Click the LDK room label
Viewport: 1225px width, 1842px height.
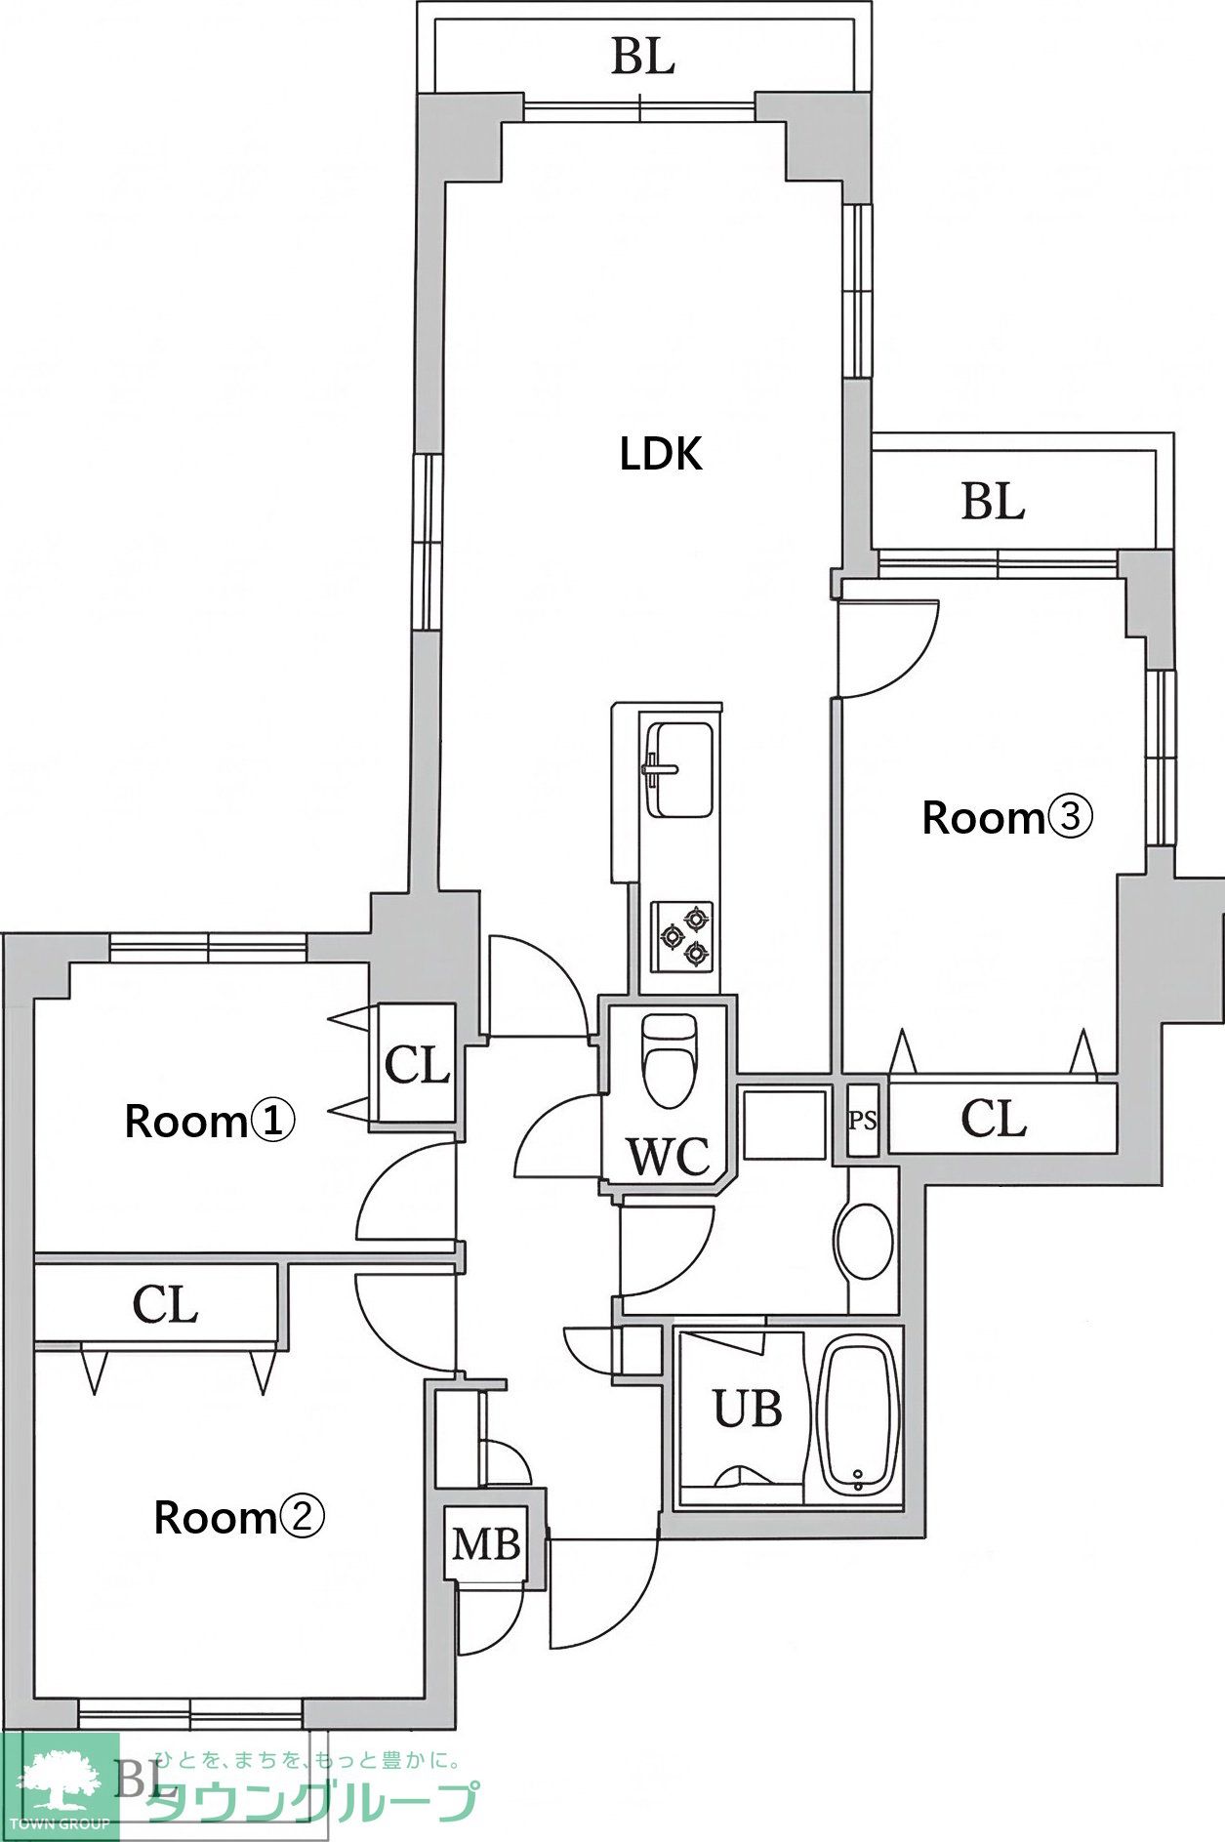[661, 454]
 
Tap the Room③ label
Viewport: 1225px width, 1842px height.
[1006, 817]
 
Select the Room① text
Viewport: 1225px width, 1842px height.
[209, 1121]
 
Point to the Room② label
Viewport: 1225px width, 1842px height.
[239, 1517]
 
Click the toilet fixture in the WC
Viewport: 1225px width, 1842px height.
[671, 1060]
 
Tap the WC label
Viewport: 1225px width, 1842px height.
[669, 1157]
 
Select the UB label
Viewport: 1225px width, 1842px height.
[748, 1409]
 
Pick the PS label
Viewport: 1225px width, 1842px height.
[862, 1120]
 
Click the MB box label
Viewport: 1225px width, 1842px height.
[486, 1543]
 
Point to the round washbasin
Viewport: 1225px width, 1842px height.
[864, 1240]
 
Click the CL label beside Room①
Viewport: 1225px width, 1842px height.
[418, 1065]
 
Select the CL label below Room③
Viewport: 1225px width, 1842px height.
[994, 1119]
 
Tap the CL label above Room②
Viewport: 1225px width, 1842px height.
[166, 1304]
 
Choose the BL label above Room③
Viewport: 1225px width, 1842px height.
[993, 502]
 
